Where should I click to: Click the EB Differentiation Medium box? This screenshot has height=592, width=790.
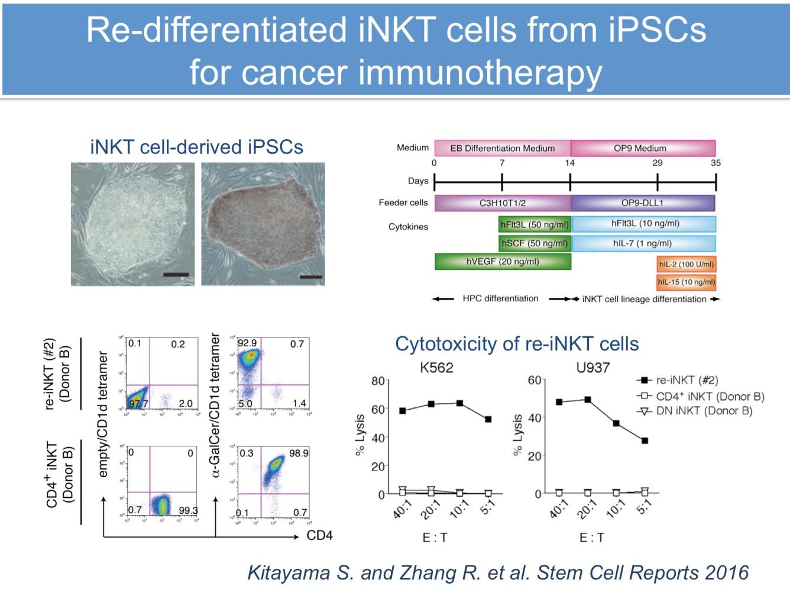point(502,148)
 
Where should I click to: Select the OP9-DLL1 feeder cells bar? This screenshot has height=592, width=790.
point(642,203)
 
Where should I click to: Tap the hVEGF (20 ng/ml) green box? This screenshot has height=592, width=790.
point(503,262)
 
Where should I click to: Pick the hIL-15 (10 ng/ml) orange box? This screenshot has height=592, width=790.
point(686,282)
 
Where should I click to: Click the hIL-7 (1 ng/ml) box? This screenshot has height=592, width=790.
point(643,243)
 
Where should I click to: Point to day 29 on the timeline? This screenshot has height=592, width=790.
point(658,163)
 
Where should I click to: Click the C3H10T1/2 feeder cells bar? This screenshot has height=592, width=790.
point(502,203)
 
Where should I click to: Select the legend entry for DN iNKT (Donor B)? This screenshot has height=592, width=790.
point(704,411)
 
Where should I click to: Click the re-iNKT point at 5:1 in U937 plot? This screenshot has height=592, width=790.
point(645,440)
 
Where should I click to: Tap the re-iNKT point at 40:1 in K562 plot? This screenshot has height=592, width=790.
point(403,410)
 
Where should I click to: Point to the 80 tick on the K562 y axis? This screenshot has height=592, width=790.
point(378,381)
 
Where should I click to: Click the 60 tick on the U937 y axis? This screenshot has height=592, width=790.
point(535,379)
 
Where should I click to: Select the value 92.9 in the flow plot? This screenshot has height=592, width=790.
point(247,343)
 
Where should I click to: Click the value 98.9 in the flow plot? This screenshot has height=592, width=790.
point(299,453)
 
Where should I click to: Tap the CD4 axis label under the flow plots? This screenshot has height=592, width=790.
point(319,536)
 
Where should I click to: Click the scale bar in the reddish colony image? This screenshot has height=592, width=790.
point(310,276)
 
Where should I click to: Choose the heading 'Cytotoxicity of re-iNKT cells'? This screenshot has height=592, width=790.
point(517,344)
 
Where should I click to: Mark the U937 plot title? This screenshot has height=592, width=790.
point(592,368)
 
